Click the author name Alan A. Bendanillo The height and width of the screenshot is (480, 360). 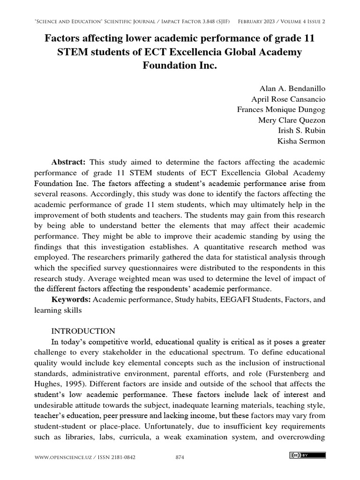coord(292,88)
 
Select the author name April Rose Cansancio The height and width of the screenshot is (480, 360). coord(288,99)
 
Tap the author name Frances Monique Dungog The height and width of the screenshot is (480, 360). coord(281,109)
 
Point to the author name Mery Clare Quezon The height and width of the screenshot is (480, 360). coord(292,120)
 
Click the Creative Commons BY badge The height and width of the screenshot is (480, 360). coord(308,455)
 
